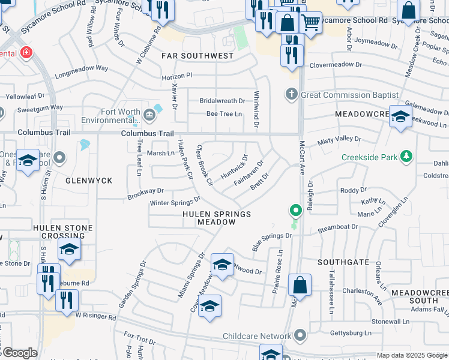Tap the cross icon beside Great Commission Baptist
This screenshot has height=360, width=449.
(x=291, y=95)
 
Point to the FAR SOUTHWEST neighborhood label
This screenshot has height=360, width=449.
(x=197, y=56)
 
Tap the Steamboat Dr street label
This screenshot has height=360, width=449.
(x=337, y=227)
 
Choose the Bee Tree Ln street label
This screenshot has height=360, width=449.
(x=224, y=113)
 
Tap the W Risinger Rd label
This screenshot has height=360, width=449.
(x=95, y=316)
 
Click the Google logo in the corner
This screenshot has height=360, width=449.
(x=20, y=353)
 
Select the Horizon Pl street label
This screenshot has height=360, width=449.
(x=176, y=76)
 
